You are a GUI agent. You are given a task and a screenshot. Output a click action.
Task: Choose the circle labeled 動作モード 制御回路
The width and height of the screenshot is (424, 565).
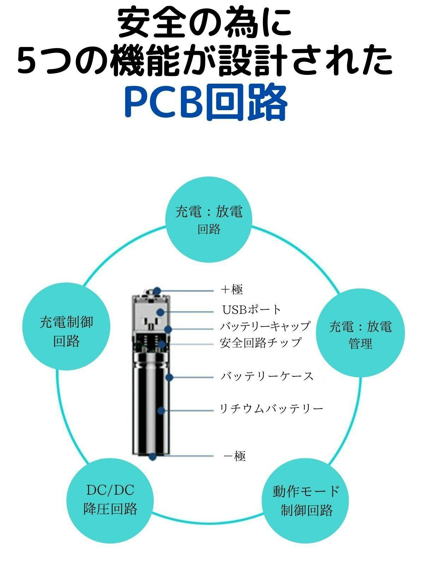pyautogui.click(x=306, y=500)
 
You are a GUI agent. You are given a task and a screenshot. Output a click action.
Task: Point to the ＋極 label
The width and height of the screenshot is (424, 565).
pyautogui.click(x=231, y=290)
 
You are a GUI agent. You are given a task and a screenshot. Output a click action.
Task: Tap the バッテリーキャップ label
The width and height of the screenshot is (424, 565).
pyautogui.click(x=265, y=326)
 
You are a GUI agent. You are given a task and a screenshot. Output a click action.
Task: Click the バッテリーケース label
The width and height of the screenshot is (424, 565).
pyautogui.click(x=267, y=376)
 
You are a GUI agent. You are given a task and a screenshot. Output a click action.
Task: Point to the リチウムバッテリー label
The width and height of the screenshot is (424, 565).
pyautogui.click(x=271, y=409)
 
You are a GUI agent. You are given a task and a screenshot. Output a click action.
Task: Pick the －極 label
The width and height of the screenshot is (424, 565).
pyautogui.click(x=235, y=456)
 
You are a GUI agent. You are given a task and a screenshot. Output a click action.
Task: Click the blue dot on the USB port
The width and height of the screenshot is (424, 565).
pyautogui.click(x=161, y=312)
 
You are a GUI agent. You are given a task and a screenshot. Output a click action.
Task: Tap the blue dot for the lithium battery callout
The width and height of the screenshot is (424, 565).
pyautogui.click(x=161, y=411)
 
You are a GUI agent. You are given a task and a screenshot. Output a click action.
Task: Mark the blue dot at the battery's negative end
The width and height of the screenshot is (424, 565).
pyautogui.click(x=153, y=456)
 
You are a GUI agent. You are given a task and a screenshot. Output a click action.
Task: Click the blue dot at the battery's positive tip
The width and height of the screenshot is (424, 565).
pyautogui.click(x=157, y=291)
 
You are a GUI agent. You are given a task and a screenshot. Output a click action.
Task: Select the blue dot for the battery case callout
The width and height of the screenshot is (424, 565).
pyautogui.click(x=169, y=377)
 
